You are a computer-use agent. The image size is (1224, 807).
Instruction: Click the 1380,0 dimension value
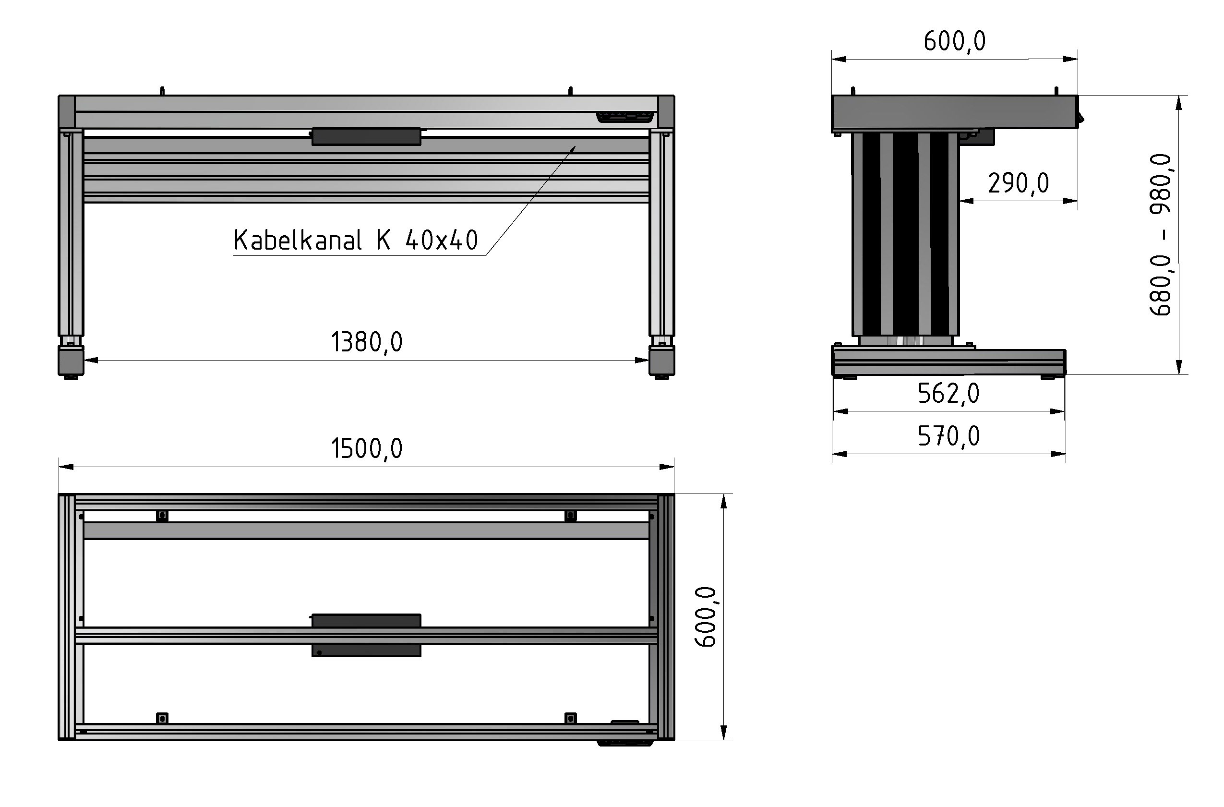(366, 342)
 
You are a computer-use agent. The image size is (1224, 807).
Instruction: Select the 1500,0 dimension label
(366, 449)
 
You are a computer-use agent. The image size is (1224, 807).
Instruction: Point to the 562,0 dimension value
(948, 394)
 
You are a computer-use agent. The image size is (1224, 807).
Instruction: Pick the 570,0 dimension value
(948, 437)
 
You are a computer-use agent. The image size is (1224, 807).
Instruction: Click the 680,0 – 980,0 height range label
(1161, 235)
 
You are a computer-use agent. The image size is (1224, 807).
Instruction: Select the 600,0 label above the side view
(954, 42)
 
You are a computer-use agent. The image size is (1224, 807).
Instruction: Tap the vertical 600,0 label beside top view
(706, 616)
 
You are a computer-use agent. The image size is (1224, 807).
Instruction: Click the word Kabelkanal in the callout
(298, 241)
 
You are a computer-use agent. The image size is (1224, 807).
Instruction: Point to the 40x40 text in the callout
(442, 241)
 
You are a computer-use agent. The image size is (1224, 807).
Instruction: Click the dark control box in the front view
(366, 136)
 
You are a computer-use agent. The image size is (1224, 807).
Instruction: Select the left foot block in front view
(71, 360)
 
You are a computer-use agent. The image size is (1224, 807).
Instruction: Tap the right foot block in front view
(661, 360)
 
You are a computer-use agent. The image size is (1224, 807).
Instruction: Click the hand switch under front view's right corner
(625, 117)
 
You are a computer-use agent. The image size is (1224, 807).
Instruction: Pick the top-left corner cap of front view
(67, 112)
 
